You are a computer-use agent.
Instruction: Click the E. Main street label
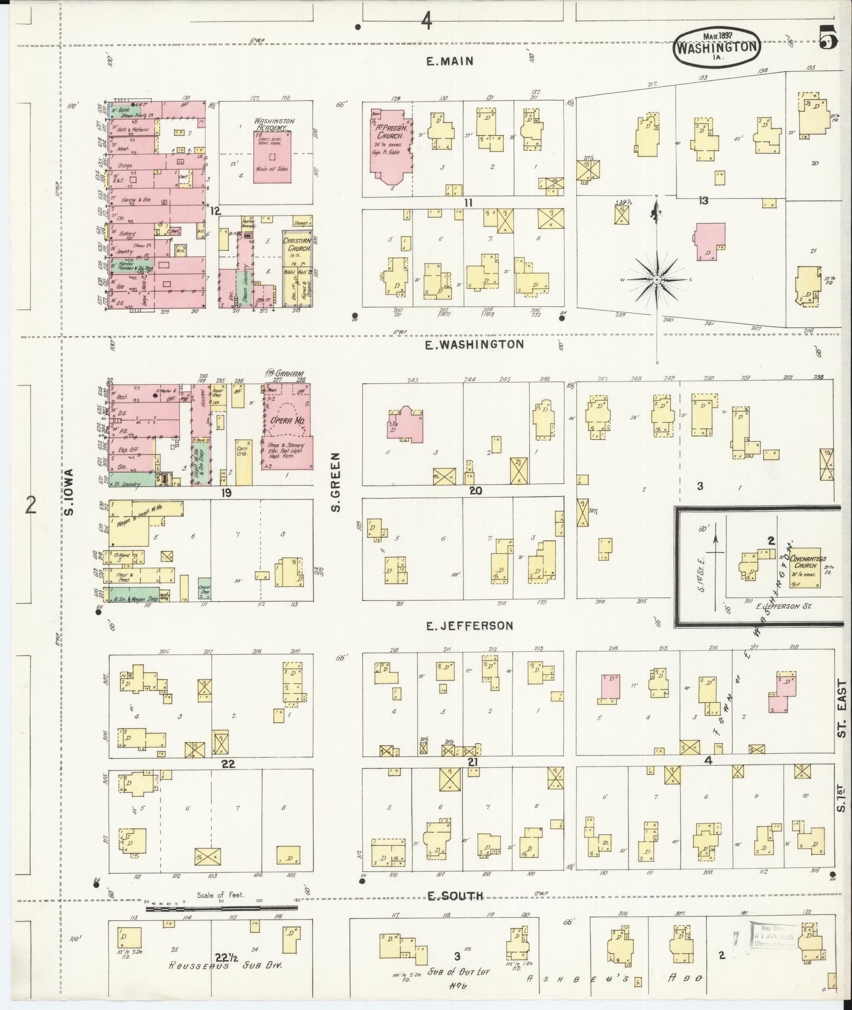(x=450, y=61)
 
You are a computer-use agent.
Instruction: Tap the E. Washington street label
(x=475, y=344)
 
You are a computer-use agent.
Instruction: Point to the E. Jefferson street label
(x=470, y=626)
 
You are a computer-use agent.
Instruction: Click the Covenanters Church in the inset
(x=804, y=567)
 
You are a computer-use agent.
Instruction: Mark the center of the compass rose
(x=657, y=279)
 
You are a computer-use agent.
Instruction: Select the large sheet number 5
(x=829, y=37)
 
